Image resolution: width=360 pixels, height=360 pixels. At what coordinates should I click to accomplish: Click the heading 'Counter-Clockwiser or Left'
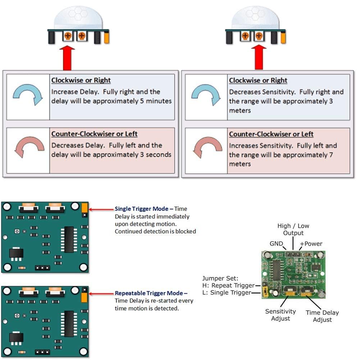[94, 134]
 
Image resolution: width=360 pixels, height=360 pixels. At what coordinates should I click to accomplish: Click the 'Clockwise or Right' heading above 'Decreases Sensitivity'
[258, 80]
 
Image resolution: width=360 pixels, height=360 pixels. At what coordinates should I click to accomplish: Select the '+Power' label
[311, 243]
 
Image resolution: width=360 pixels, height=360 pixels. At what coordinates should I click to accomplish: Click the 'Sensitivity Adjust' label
[281, 315]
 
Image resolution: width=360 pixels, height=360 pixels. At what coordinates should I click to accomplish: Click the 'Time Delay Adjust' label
[322, 316]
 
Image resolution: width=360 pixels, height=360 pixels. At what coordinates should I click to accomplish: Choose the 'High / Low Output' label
[293, 229]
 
